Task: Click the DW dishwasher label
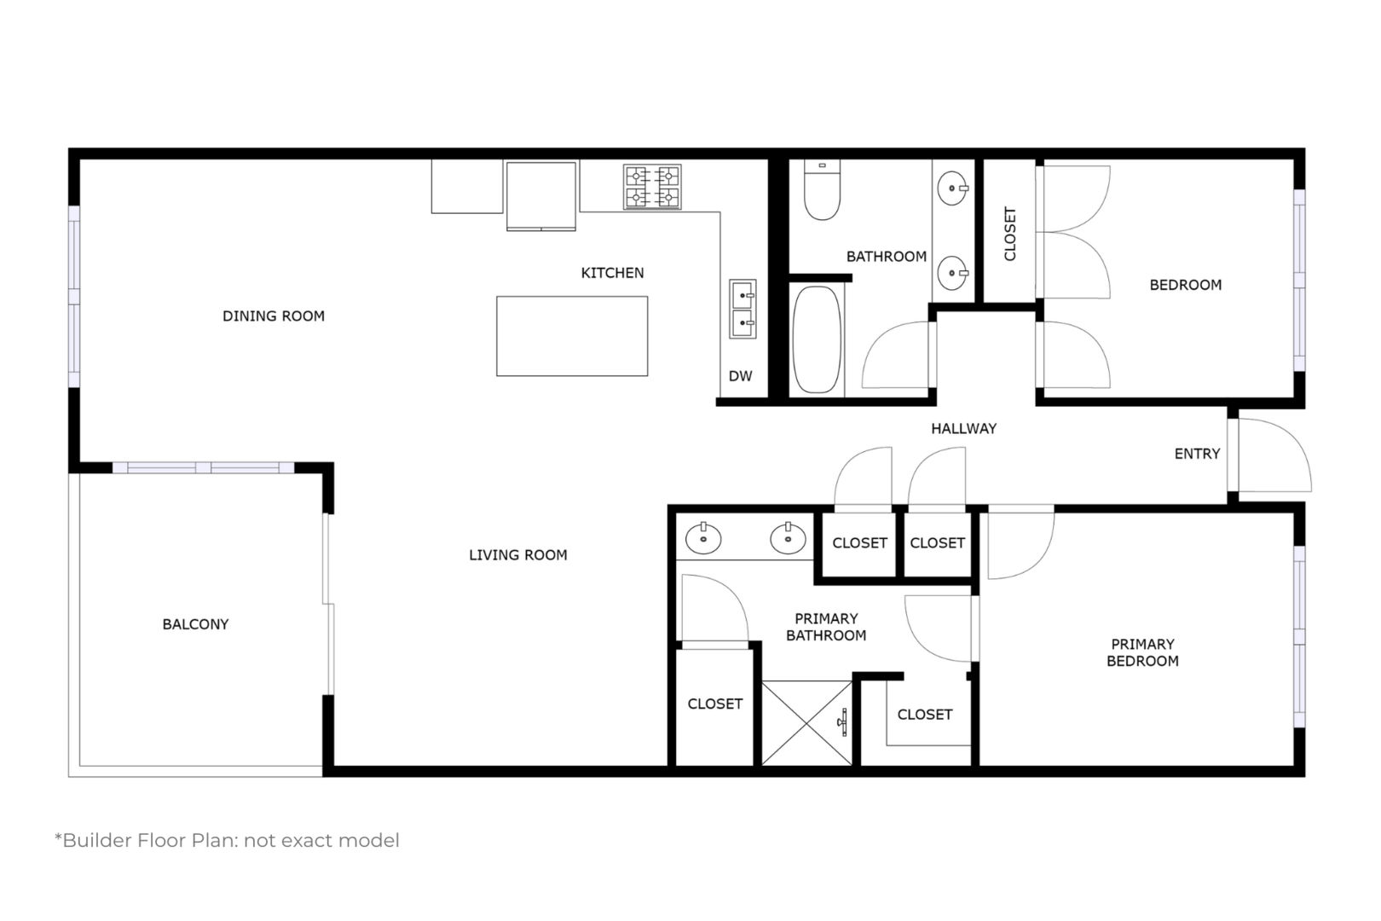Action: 740,376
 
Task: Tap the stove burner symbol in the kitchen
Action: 651,187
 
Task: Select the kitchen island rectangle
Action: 571,336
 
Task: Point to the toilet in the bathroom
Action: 822,189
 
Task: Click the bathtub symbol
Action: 817,339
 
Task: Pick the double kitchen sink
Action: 743,309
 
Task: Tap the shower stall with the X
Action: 807,723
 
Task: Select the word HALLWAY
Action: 963,429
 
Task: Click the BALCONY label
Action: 195,624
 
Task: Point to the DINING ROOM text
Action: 273,316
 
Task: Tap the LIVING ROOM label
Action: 518,555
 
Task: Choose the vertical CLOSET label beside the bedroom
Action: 1009,234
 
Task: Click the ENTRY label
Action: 1197,454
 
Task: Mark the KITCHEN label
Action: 612,273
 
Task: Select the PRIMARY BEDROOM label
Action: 1142,652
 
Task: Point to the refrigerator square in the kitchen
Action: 541,195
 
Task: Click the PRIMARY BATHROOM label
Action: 826,627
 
